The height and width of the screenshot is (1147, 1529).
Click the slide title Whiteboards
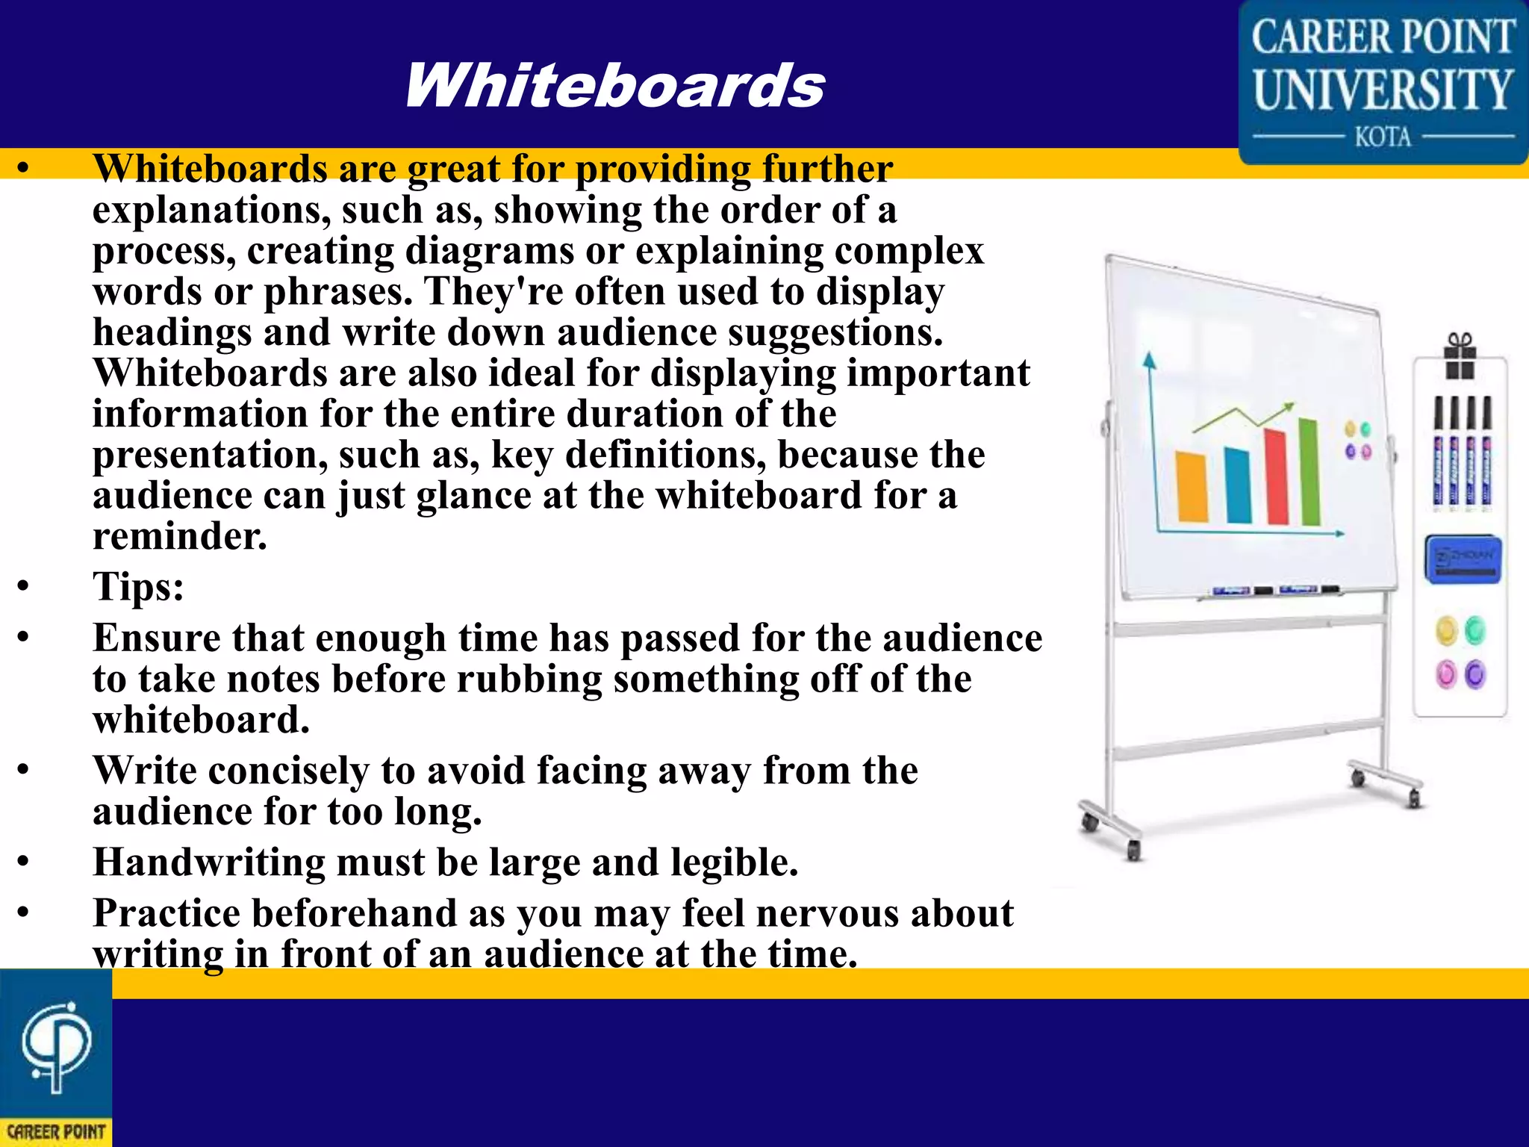click(614, 85)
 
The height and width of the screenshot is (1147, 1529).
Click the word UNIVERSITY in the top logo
click(1383, 90)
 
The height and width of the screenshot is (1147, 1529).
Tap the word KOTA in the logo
click(1383, 137)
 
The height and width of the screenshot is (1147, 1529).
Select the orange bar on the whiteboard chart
click(1192, 486)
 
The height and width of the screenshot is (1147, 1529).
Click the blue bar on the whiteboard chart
click(1237, 485)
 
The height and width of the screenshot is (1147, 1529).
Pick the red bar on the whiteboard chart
click(1277, 476)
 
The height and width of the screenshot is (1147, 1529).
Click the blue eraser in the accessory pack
click(1463, 559)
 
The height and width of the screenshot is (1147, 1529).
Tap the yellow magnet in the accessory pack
click(1446, 631)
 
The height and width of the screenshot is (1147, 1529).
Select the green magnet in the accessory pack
click(1475, 631)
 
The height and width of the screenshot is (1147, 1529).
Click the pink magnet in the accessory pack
click(1446, 675)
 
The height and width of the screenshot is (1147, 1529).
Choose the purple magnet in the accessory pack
click(1475, 675)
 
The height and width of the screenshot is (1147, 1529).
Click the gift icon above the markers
click(1460, 356)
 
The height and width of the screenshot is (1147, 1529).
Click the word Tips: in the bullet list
click(138, 586)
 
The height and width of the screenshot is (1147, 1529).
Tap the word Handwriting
click(208, 862)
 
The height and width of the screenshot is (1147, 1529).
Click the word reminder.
click(179, 536)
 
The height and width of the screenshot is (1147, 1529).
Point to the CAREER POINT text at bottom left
click(56, 1132)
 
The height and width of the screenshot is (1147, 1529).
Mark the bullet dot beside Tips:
click(24, 586)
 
